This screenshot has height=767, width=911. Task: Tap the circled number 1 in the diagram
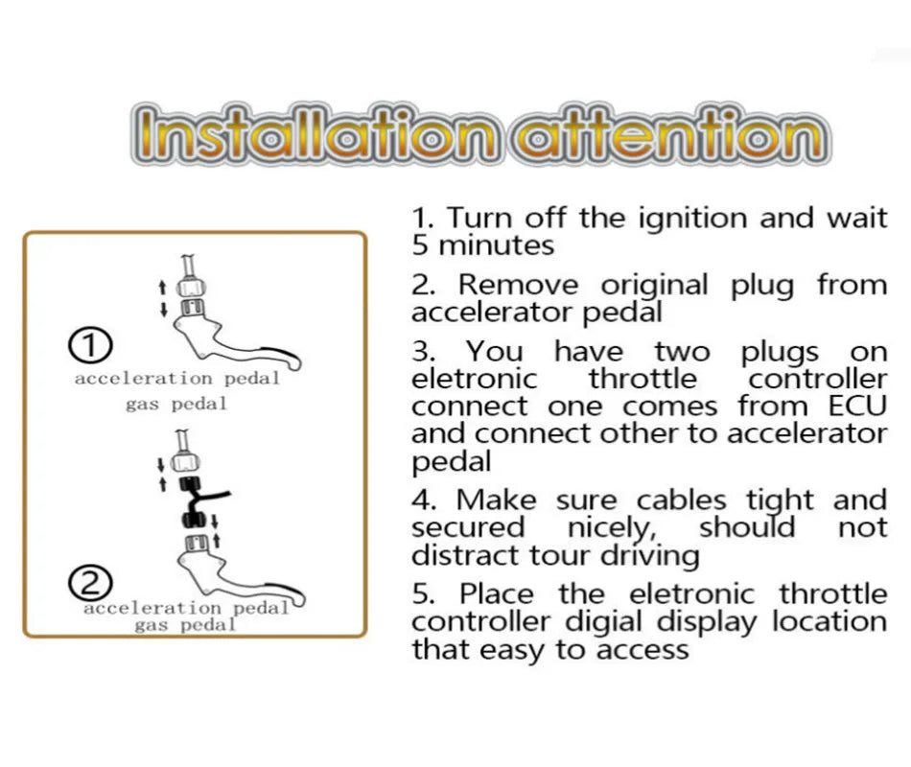tap(91, 345)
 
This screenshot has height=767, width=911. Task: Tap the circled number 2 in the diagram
tap(91, 583)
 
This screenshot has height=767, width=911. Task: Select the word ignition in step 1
tap(692, 220)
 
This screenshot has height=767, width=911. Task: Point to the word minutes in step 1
tap(496, 245)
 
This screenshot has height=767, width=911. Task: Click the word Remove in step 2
tap(518, 286)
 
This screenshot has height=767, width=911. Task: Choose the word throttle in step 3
tap(642, 379)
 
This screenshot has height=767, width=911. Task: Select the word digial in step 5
tap(603, 621)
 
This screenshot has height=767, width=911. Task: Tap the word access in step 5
tap(642, 650)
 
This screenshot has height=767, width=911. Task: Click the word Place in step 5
tap(497, 594)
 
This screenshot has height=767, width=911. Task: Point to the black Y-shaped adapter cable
tap(199, 500)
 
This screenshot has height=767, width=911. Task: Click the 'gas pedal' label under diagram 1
tap(176, 404)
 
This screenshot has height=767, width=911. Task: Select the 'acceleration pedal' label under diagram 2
tap(186, 609)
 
